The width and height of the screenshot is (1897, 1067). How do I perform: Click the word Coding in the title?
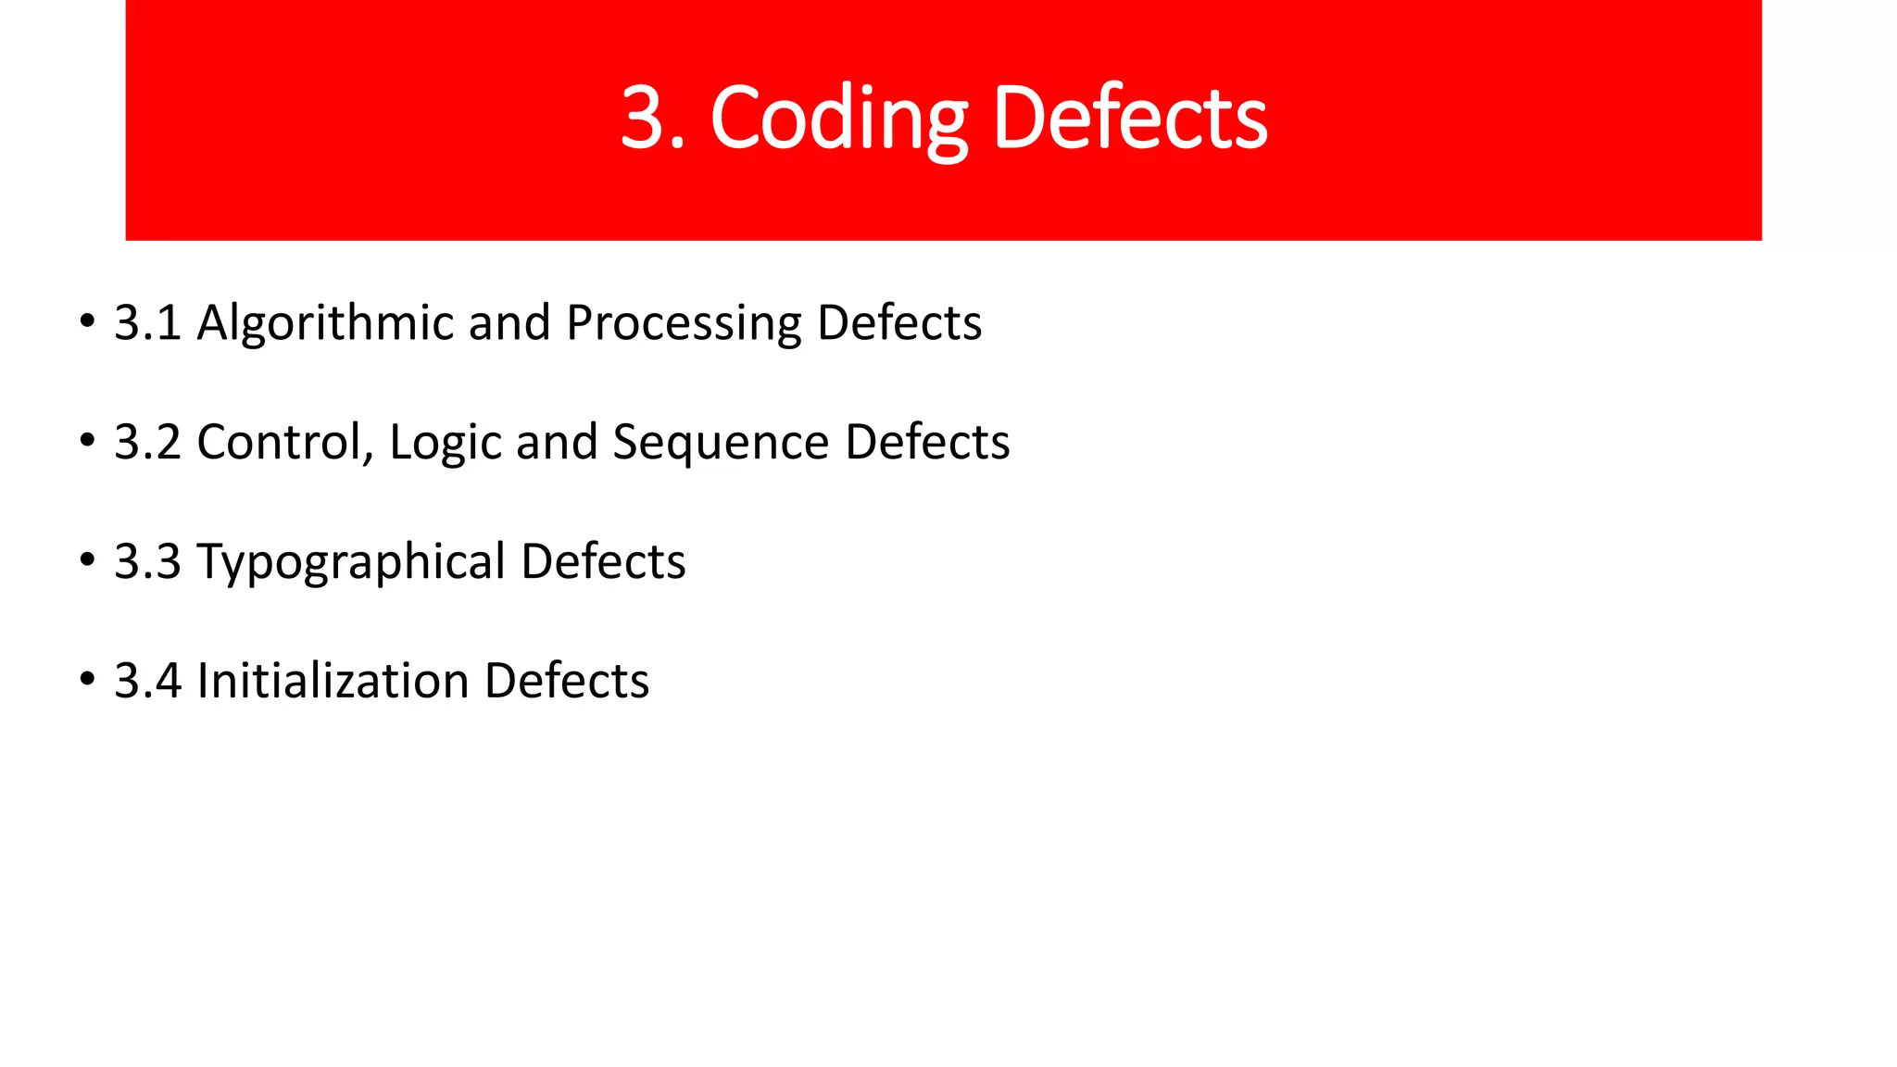click(839, 119)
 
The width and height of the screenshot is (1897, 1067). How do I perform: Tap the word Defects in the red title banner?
click(1129, 119)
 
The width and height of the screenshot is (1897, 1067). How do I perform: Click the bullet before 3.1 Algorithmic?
click(87, 322)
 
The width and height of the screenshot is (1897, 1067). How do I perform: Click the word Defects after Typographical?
click(603, 562)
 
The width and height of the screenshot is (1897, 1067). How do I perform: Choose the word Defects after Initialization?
click(566, 682)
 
